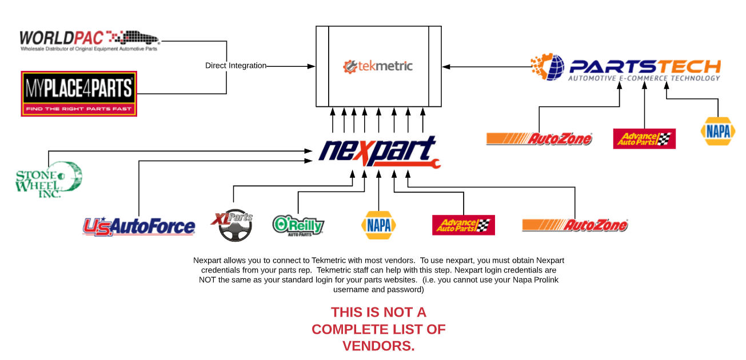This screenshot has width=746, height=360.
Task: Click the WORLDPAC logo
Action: [x=89, y=40]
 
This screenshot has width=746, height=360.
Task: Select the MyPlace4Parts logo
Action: [x=79, y=93]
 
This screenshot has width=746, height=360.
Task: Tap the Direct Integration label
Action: [x=236, y=66]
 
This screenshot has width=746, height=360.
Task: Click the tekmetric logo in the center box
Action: [x=378, y=66]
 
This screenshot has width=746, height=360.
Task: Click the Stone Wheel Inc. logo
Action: [x=48, y=179]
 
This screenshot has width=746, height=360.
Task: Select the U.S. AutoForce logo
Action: [x=139, y=227]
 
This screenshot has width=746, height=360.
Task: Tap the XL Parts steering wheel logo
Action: [x=232, y=226]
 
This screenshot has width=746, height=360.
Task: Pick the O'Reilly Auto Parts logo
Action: [x=298, y=225]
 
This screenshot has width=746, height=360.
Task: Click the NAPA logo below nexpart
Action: [x=378, y=225]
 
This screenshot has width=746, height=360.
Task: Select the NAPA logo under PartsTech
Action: [x=718, y=131]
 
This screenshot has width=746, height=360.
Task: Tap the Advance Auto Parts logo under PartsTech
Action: [x=644, y=138]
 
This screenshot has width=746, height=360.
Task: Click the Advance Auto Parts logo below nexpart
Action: [x=463, y=225]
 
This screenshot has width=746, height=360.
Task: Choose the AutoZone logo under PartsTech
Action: [x=539, y=138]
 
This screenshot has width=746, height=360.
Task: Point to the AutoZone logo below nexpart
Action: [x=575, y=225]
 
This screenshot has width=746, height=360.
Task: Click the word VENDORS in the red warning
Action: [x=378, y=346]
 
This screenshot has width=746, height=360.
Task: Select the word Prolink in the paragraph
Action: [x=542, y=280]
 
